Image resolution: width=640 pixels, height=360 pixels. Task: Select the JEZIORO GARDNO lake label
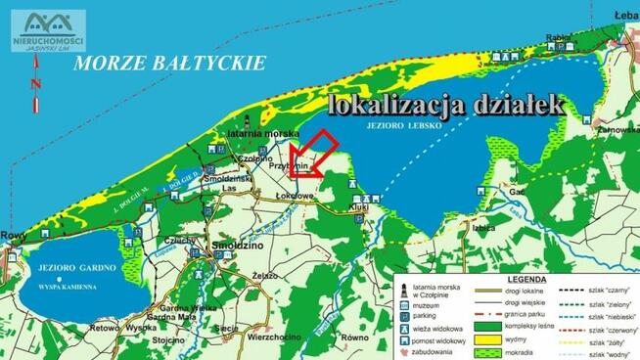72,267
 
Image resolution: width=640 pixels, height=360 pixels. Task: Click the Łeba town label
626,17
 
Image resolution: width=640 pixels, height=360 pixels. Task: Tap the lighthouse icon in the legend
403,291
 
